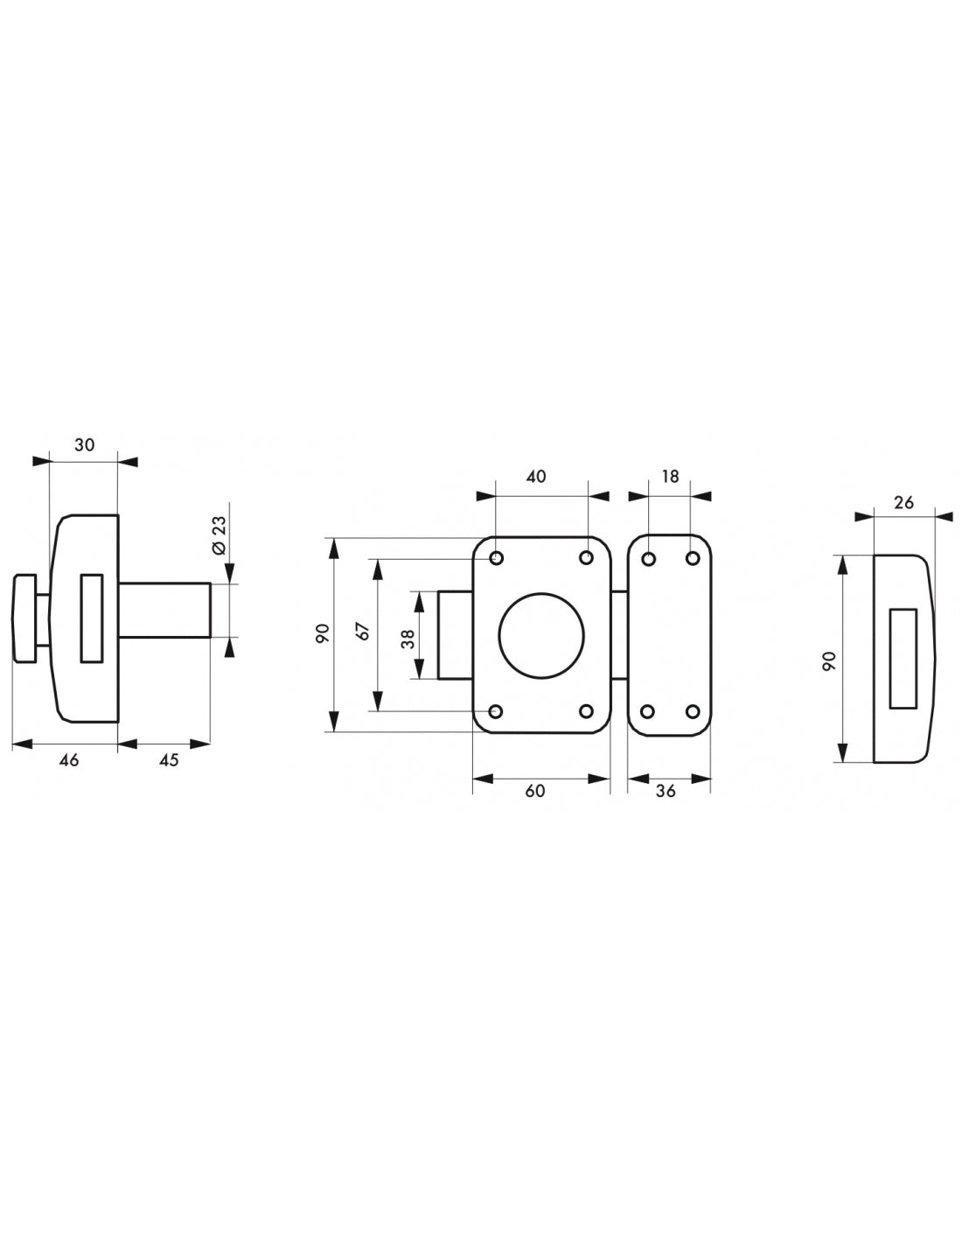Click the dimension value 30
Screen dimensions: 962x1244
pyautogui.click(x=84, y=444)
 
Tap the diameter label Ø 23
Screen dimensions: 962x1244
pyautogui.click(x=220, y=535)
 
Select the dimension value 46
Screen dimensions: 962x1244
pyautogui.click(x=69, y=760)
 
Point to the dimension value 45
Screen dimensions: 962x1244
pyautogui.click(x=170, y=760)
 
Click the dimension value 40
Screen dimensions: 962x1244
pyautogui.click(x=535, y=476)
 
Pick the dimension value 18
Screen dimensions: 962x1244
pyautogui.click(x=670, y=476)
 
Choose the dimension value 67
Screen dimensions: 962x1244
pyautogui.click(x=364, y=630)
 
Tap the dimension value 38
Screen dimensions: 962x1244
pyautogui.click(x=408, y=639)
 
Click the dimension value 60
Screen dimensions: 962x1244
pyautogui.click(x=535, y=791)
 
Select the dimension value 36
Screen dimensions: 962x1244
pyautogui.click(x=666, y=791)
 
